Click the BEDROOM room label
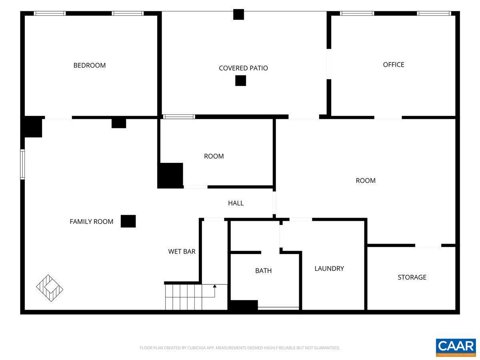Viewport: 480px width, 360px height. coord(89,65)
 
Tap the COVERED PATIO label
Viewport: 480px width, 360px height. coord(243,68)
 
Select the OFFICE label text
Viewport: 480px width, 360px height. coord(394,64)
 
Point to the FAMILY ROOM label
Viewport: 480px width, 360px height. coord(91,221)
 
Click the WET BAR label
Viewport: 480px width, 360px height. coord(182,251)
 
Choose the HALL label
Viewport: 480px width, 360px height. coord(236,203)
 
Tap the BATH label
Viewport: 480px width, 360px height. coord(263,270)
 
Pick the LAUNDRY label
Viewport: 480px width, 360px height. coord(329,268)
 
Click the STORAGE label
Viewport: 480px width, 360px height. coord(412,277)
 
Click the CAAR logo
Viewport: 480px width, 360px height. coord(456,347)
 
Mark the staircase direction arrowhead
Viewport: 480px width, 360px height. coord(215,286)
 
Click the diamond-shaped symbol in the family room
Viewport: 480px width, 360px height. coord(50,288)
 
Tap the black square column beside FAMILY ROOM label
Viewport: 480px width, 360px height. coord(128,221)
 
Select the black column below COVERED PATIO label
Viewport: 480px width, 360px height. coord(240,80)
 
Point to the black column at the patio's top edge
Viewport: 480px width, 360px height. coord(238,14)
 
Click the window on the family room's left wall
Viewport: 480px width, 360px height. coord(22,164)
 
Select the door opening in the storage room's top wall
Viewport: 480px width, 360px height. coord(428,245)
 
